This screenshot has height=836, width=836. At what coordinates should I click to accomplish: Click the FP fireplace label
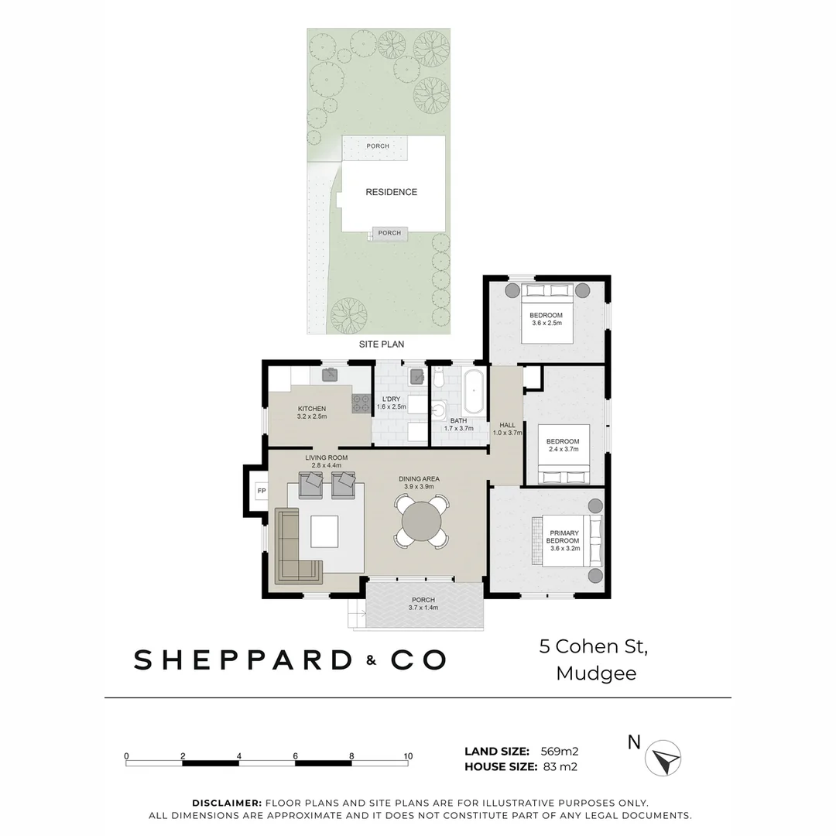[x=262, y=491]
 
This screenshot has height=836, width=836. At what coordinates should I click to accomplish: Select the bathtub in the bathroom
[x=473, y=391]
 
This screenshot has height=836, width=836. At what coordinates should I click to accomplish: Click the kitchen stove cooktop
[x=361, y=403]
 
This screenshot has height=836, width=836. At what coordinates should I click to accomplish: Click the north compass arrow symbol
[x=663, y=758]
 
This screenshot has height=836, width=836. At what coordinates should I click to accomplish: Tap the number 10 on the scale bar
[x=408, y=756]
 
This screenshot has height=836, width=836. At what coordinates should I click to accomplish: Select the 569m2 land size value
[x=560, y=751]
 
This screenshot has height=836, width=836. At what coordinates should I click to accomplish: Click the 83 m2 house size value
[x=560, y=767]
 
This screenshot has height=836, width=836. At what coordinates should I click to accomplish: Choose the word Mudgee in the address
[x=596, y=673]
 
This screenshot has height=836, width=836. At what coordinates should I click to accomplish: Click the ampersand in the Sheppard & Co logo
[x=372, y=660]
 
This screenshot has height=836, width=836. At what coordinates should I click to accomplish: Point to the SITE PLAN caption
[x=381, y=344]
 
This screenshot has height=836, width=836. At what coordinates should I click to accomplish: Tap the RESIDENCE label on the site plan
[x=391, y=192]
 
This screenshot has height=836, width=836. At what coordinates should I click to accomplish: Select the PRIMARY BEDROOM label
[x=564, y=536]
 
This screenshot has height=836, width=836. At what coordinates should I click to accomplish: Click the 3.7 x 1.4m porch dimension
[x=423, y=608]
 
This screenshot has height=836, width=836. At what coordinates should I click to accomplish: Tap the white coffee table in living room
[x=324, y=531]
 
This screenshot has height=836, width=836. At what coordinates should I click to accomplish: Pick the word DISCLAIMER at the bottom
[x=227, y=803]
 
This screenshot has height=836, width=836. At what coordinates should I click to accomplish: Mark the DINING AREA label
[x=419, y=478]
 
